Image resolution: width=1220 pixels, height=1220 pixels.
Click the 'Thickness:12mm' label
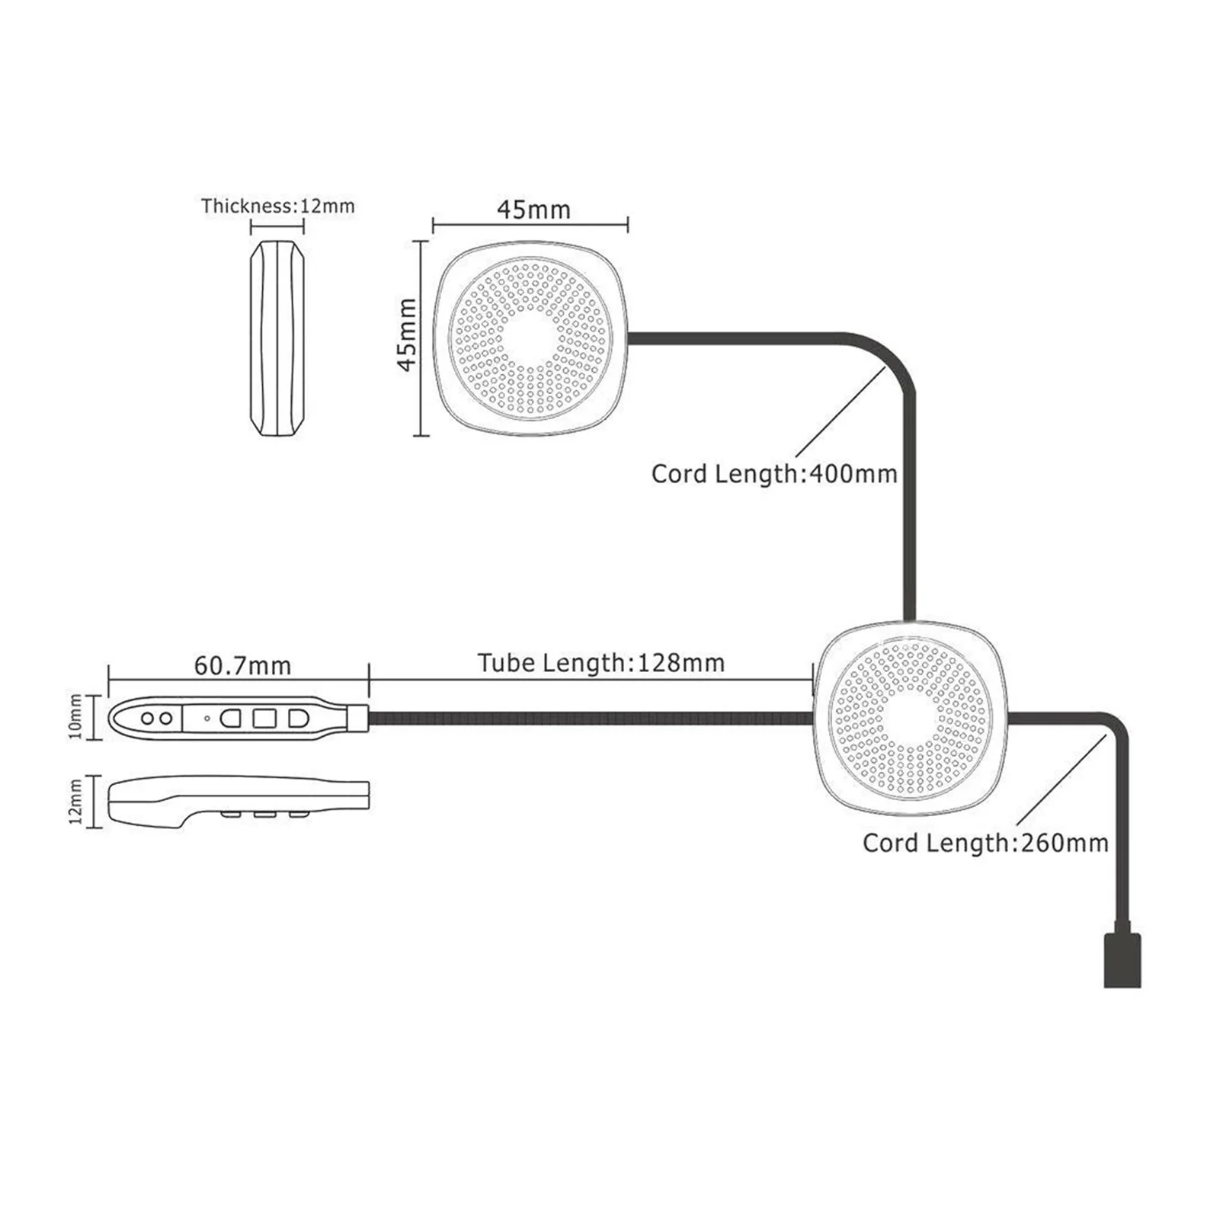[x=278, y=206]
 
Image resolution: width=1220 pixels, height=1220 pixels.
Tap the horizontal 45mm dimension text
[x=533, y=210]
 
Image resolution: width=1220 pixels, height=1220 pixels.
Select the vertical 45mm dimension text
[x=408, y=335]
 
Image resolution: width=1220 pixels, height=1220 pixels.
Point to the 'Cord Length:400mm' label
[x=774, y=474]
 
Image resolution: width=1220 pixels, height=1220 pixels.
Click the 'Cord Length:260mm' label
[x=985, y=843]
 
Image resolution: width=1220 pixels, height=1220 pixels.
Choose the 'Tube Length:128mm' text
[x=601, y=663]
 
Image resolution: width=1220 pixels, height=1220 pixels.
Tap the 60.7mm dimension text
[x=242, y=666]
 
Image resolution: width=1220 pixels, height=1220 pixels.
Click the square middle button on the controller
[x=264, y=718]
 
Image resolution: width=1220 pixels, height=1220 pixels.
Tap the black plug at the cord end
[x=1122, y=960]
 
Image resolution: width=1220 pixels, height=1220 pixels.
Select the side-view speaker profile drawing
[x=278, y=339]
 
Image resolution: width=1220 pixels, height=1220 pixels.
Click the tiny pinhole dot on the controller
[x=207, y=718]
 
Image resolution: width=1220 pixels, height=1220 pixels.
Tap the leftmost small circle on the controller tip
[x=148, y=718]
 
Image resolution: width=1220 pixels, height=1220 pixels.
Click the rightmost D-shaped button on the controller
[x=298, y=718]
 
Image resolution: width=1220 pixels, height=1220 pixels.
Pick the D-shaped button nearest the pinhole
[x=230, y=718]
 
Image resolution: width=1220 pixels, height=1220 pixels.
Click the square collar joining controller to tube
[x=358, y=718]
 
